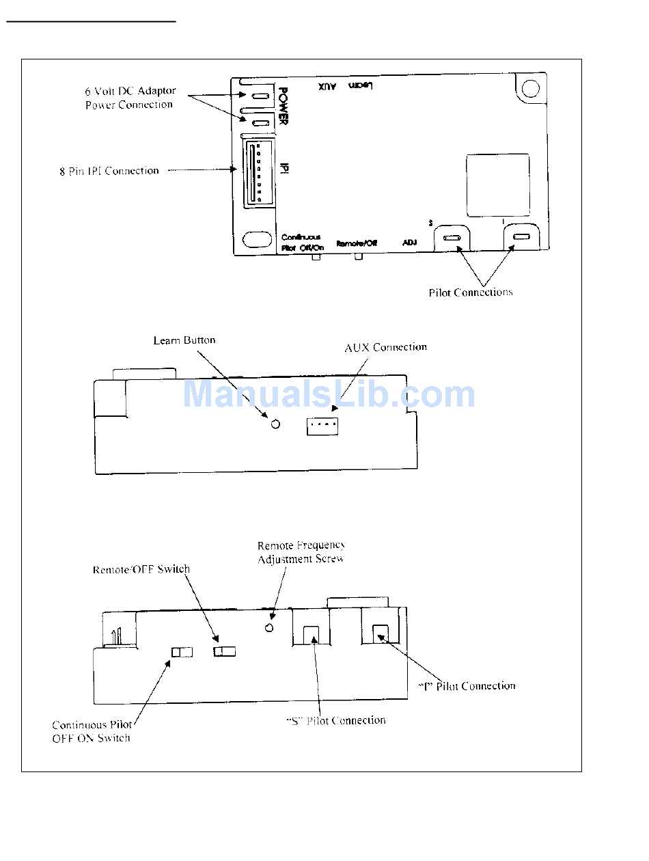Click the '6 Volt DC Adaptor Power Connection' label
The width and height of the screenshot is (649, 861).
[x=130, y=98]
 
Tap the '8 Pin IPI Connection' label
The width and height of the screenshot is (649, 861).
[x=109, y=171]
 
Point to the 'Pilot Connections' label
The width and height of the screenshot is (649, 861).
[x=470, y=292]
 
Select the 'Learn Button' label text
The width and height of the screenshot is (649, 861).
[x=184, y=340]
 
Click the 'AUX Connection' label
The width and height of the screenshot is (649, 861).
[x=385, y=347]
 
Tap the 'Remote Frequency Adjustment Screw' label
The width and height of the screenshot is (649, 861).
[x=301, y=552]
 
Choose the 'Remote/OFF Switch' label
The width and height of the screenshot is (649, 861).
[x=141, y=569]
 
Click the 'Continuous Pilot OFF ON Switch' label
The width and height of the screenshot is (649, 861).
[x=93, y=731]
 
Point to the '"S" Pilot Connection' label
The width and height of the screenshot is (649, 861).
[x=335, y=720]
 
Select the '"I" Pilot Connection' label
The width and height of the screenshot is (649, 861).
[x=467, y=685]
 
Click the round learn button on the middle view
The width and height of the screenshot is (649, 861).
[x=275, y=424]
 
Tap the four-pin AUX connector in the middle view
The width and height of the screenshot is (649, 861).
[x=322, y=426]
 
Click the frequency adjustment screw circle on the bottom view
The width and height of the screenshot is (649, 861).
[x=269, y=628]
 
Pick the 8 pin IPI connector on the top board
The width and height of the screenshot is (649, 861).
[x=255, y=172]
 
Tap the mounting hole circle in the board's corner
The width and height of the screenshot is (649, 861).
[x=530, y=89]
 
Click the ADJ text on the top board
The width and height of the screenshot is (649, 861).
[x=410, y=243]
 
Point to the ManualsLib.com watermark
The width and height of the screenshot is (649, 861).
[x=329, y=394]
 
